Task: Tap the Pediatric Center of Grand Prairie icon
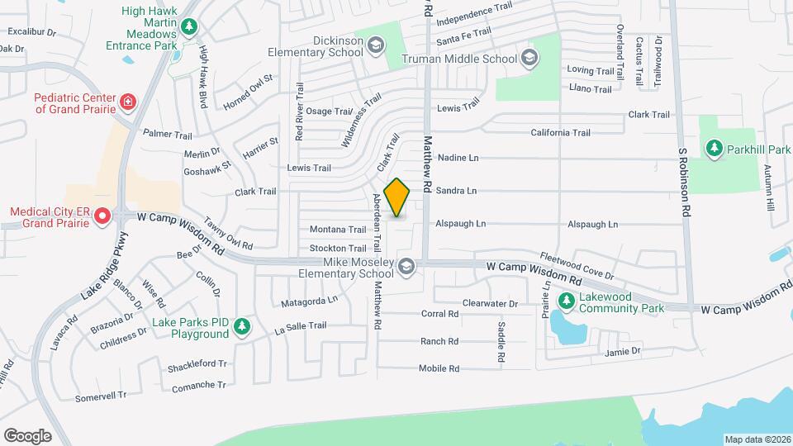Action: coord(127,102)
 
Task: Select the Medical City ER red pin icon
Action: coord(102,217)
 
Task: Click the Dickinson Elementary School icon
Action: coord(376,45)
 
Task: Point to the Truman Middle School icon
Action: coord(529,58)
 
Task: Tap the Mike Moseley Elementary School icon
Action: coord(406,266)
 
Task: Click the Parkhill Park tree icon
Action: coord(713,148)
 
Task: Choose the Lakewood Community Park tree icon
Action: coord(567,299)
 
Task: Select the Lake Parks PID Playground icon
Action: coord(241,327)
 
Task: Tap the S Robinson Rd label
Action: coord(684,183)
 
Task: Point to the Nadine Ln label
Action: coord(458,157)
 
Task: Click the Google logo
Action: coord(27,435)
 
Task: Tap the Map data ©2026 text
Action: coord(757,439)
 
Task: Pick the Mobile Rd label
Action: coord(439,368)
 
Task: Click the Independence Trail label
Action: coord(474,14)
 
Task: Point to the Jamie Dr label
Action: coord(623,351)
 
